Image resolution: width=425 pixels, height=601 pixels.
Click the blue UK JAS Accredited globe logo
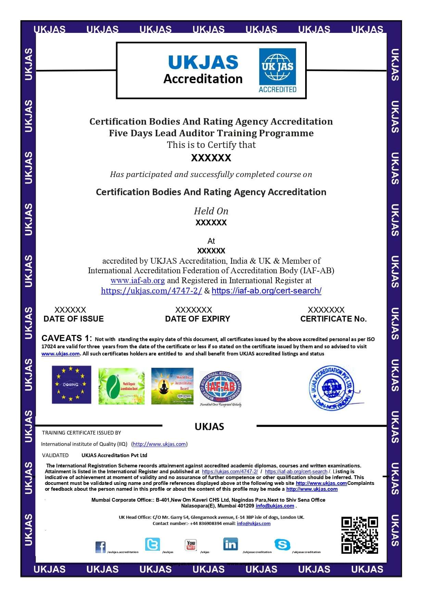[x=277, y=70]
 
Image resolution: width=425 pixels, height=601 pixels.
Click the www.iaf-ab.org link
[x=137, y=280]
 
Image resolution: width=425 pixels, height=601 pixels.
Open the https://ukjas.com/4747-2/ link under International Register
[x=151, y=291]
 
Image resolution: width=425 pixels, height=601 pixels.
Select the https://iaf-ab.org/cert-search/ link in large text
[x=266, y=291]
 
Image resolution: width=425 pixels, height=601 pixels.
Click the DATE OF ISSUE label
[x=73, y=319]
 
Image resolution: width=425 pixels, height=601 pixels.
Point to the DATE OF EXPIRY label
[x=197, y=319]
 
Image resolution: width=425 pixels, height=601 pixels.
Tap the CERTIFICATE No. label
[x=333, y=319]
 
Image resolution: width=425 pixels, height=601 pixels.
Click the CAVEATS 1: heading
[x=66, y=338]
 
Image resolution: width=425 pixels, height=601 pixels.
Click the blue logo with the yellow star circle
[x=71, y=385]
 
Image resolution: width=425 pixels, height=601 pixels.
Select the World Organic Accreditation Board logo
[x=121, y=386]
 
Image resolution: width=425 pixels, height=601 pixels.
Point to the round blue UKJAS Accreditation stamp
[x=332, y=388]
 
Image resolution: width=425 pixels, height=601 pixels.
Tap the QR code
[x=360, y=535]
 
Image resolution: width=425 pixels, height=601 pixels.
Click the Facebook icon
[x=100, y=547]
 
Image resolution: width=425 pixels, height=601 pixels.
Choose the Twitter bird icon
[x=152, y=544]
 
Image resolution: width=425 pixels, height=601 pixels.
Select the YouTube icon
[x=191, y=545]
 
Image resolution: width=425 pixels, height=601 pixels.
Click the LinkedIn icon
[x=230, y=544]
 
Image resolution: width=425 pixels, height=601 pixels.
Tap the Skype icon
[x=282, y=544]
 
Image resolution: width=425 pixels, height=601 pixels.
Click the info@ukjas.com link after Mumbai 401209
[x=275, y=506]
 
